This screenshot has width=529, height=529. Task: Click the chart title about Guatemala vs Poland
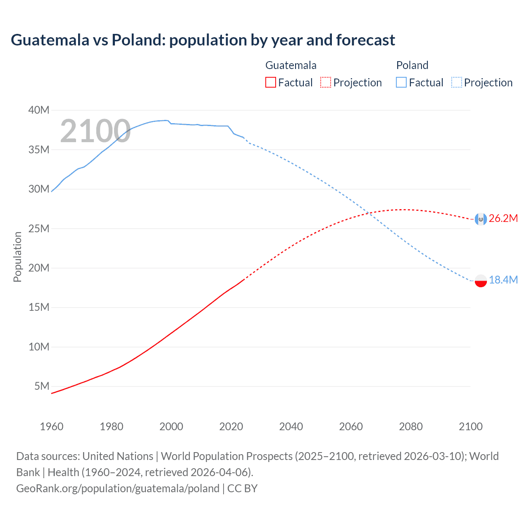coord(203,40)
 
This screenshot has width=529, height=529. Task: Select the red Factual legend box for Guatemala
coord(270,82)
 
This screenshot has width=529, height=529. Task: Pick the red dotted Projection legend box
coord(326,82)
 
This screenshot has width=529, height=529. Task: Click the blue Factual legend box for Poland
coord(401,82)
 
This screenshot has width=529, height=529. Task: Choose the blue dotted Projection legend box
coord(456,82)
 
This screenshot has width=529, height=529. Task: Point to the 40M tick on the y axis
coord(39,110)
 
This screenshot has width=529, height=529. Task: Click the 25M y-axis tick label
coord(39,229)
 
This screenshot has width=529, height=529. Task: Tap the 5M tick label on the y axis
coord(42,386)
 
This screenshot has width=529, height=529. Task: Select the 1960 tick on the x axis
coord(52,427)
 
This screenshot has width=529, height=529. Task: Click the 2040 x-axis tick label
coord(291,427)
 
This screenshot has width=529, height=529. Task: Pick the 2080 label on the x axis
coord(411,427)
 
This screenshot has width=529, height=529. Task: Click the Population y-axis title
coord(17,257)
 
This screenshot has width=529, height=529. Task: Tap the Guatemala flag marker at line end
coord(481,219)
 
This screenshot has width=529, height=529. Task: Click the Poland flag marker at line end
coord(481,281)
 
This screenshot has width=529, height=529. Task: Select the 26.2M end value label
coord(503,219)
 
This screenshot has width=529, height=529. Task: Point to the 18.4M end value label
coord(503,280)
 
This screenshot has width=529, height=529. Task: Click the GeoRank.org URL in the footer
coord(118,488)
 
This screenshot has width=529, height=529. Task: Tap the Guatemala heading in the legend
coord(291,65)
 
